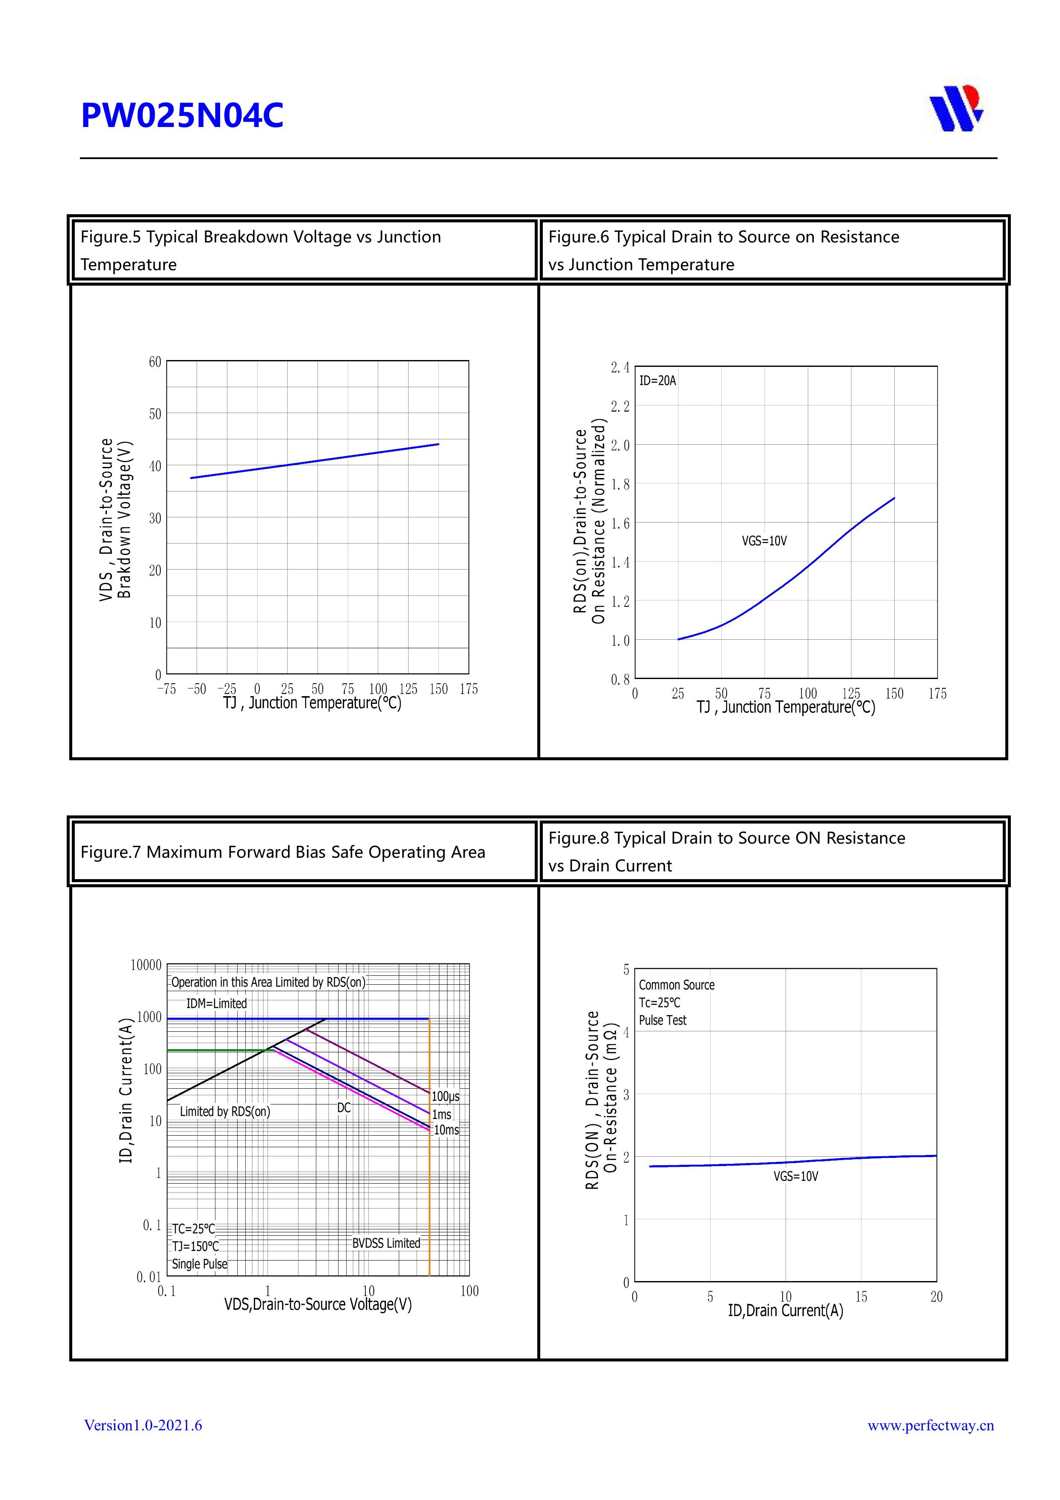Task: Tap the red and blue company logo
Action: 956,109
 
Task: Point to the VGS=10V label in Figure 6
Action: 764,541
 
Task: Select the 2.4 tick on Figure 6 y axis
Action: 620,368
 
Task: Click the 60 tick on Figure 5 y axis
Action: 155,362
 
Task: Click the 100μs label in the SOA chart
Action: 445,1096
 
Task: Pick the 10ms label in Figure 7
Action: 446,1130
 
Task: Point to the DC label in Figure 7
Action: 344,1107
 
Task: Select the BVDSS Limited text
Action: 386,1243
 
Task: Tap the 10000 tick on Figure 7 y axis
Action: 146,965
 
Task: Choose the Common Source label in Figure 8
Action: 676,985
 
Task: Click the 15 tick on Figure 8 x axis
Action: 861,1297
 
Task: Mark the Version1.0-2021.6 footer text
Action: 143,1425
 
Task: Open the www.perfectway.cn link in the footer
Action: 930,1425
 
